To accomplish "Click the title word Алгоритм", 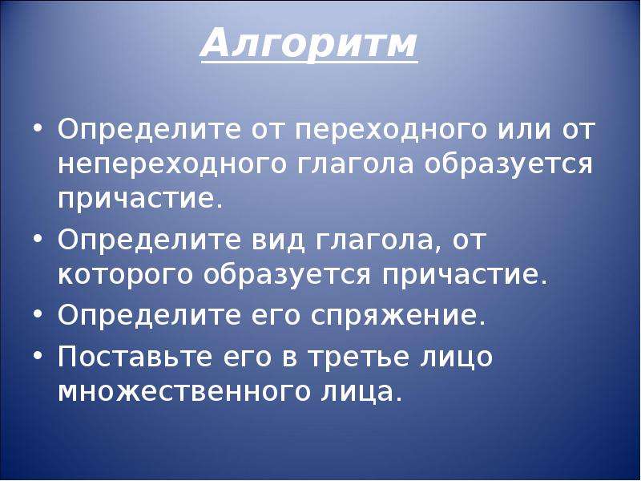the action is [309, 44].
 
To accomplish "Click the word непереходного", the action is [171, 165].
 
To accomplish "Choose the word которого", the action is [125, 275].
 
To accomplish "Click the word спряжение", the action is [393, 316].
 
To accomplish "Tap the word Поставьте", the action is [135, 357].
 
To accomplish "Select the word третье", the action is [358, 358].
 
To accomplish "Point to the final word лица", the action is [355, 392].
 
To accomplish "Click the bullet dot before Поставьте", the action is [38, 355].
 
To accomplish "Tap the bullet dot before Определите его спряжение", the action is [38, 314].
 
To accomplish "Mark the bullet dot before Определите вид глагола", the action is [38, 239].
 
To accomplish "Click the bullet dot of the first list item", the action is [38, 129].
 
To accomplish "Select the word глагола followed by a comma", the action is [373, 240].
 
